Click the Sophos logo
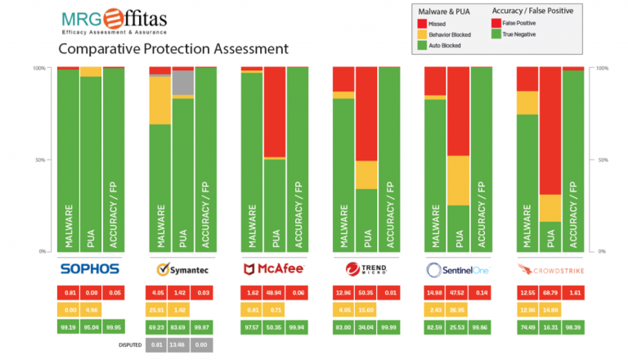[x=90, y=268]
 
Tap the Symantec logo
[x=182, y=268]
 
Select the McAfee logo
[x=274, y=268]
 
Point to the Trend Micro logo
[x=366, y=268]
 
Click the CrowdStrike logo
[x=549, y=268]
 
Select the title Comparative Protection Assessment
[x=173, y=49]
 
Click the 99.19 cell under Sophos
[x=67, y=326]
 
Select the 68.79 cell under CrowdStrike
[x=550, y=292]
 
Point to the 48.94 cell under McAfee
[x=274, y=292]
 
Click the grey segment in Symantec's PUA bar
[x=183, y=82]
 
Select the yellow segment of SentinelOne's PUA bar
[x=460, y=180]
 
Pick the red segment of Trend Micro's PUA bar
[x=367, y=114]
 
